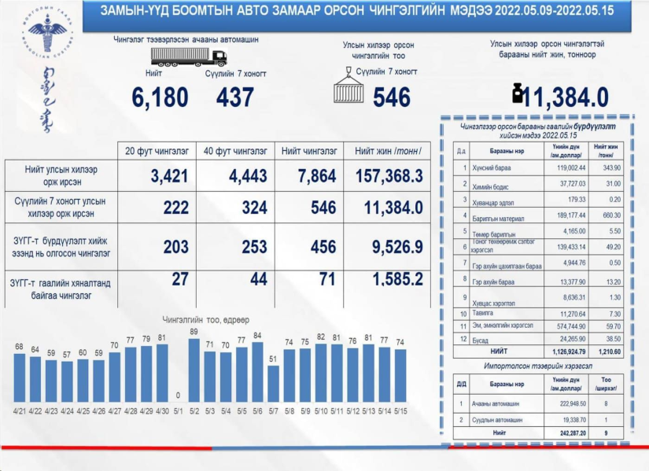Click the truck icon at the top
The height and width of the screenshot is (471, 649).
(x=188, y=57)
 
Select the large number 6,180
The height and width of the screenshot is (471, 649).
(x=160, y=98)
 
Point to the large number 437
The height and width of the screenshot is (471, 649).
(x=234, y=98)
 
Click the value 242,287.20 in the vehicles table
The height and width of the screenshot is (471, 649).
(x=569, y=432)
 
